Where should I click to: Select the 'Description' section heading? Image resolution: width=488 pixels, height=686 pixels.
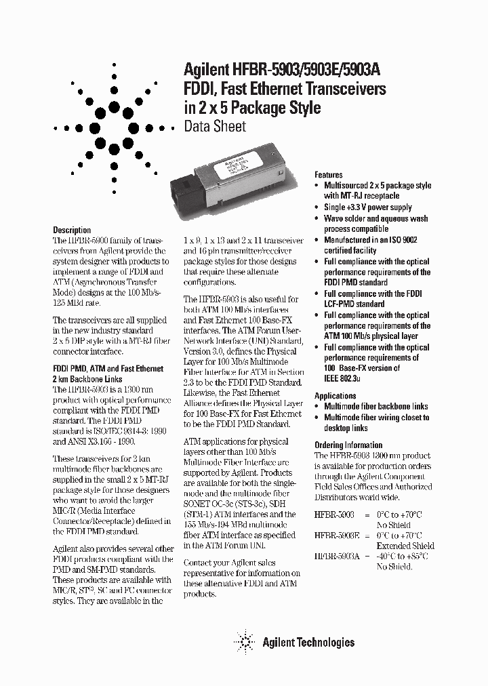point(72,230)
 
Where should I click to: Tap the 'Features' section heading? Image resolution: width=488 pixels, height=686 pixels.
point(329,175)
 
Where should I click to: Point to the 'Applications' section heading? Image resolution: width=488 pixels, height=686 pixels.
point(335,396)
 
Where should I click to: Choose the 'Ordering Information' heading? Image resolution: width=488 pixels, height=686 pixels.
point(348,445)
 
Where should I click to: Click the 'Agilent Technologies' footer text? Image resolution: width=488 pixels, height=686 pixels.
point(308,642)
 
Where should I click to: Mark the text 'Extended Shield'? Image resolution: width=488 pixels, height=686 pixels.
point(405,546)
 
